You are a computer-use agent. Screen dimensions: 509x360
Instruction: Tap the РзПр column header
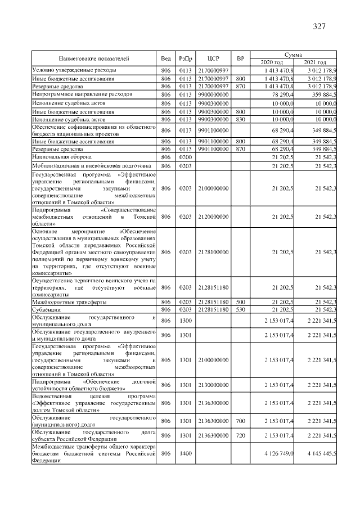coord(185,58)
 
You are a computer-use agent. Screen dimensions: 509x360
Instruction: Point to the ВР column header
coord(240,58)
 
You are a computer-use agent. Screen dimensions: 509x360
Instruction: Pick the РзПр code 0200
coord(185,157)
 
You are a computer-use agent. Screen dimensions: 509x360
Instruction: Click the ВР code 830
coord(240,120)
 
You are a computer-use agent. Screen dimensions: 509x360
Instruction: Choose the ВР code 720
coord(240,435)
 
